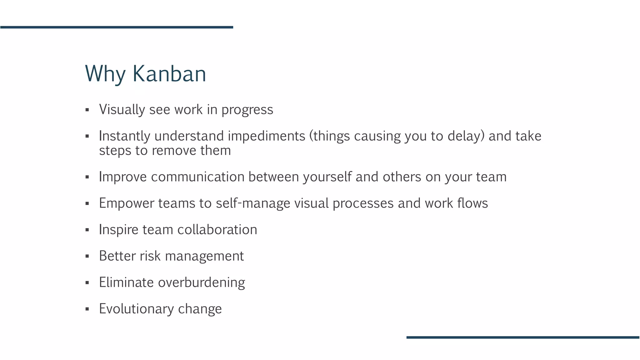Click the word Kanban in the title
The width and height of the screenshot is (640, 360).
(169, 74)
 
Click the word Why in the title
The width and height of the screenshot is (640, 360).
(105, 74)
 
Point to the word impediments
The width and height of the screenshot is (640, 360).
(267, 136)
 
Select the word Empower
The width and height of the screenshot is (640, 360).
(127, 203)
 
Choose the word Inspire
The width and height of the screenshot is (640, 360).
(118, 230)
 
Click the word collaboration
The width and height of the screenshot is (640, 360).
(217, 230)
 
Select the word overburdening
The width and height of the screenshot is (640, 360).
(202, 282)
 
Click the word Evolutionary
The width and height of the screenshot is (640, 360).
(136, 309)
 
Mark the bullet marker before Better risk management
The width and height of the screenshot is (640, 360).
(87, 257)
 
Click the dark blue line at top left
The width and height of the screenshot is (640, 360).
(117, 27)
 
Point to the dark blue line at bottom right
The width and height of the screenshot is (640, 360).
(523, 337)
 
